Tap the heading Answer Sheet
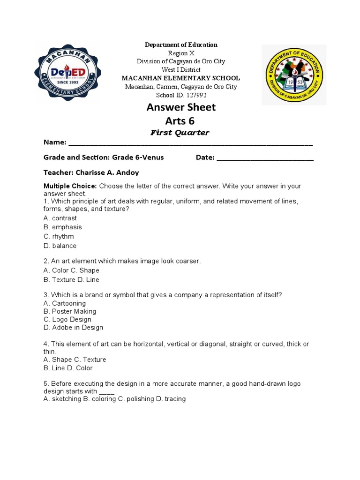coord(181,107)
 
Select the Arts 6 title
coord(181,121)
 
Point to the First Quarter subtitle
coord(180,133)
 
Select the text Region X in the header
coord(180,53)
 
